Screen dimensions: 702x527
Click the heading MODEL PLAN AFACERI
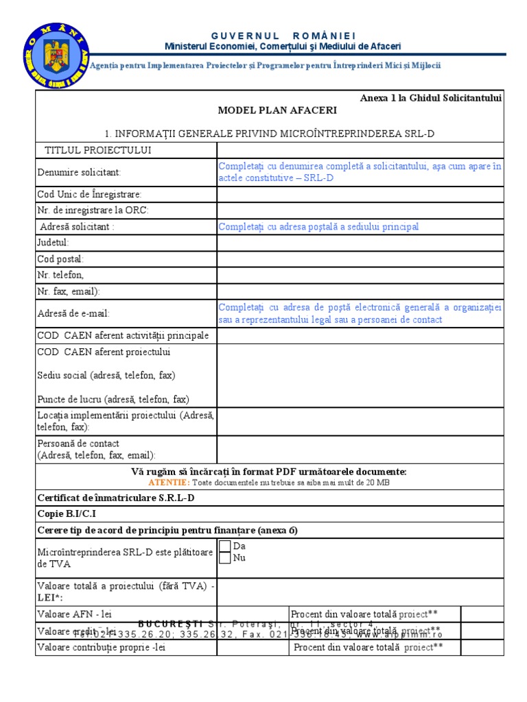pyautogui.click(x=268, y=110)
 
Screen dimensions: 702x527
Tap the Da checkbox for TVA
pyautogui.click(x=224, y=546)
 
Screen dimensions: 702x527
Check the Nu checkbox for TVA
pyautogui.click(x=224, y=558)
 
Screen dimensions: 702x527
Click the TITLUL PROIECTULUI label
pyautogui.click(x=98, y=150)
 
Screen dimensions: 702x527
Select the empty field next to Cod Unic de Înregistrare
pyautogui.click(x=360, y=195)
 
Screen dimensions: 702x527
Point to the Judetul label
pyautogui.click(x=53, y=242)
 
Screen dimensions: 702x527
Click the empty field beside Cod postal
pyautogui.click(x=360, y=259)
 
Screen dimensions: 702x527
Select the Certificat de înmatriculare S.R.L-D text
pyautogui.click(x=116, y=498)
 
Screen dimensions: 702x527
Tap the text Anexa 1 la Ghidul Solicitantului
pyautogui.click(x=431, y=98)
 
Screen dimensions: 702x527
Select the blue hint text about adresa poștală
pyautogui.click(x=318, y=227)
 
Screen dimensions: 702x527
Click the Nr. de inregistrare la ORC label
pyautogui.click(x=92, y=210)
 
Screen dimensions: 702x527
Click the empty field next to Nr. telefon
pyautogui.click(x=360, y=275)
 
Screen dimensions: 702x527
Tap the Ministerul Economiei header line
pyautogui.click(x=283, y=46)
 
